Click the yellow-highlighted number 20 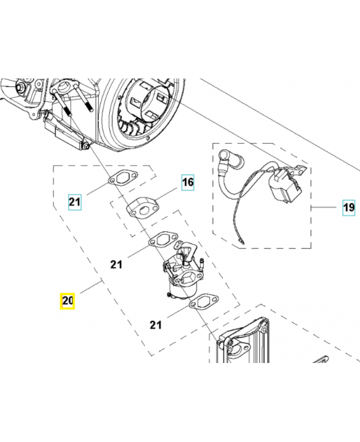(x=67, y=301)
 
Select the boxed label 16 (x=188, y=182)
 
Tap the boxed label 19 (x=348, y=208)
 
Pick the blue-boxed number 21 (x=75, y=202)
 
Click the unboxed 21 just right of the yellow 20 (x=115, y=264)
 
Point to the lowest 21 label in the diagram (x=155, y=325)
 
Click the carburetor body (x=184, y=273)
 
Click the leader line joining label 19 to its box (x=326, y=208)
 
